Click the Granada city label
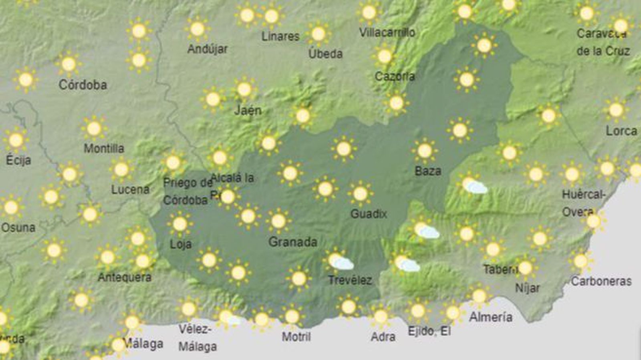292,242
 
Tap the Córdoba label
83,85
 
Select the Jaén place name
248,110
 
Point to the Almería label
490,317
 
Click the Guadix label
369,214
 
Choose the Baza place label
428,171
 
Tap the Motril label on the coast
296,336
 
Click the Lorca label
621,131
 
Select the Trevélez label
350,280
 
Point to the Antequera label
125,277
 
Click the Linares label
280,36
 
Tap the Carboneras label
601,281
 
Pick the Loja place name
181,244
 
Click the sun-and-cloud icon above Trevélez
339,261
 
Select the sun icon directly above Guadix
360,194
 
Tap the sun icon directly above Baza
425,151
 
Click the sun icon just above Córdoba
69,64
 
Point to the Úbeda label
325,54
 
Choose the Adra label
383,337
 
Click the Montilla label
104,149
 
